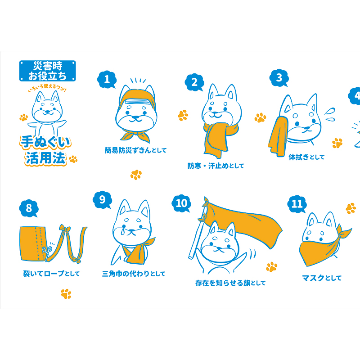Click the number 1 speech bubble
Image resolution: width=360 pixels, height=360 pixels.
point(107,80)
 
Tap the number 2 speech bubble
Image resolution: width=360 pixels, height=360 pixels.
point(194,82)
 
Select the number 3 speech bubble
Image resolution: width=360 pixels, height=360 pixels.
point(279,77)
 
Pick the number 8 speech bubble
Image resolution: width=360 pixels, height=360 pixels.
point(29,208)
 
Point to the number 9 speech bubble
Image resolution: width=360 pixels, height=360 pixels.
point(103,199)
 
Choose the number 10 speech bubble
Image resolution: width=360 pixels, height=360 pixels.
point(181,203)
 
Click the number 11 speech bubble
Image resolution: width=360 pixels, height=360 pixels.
point(297,204)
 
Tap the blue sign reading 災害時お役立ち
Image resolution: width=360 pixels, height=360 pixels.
point(48,71)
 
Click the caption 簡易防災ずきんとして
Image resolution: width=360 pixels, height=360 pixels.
point(135,150)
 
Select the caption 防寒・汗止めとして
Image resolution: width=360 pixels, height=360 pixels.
point(216,166)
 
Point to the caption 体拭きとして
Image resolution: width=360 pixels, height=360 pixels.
point(306,157)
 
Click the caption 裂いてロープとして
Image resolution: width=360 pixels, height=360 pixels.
point(51,274)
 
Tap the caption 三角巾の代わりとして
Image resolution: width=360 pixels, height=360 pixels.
point(134,274)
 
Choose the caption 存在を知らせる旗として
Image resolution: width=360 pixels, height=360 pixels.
point(230,283)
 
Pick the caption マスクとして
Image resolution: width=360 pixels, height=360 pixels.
point(322,278)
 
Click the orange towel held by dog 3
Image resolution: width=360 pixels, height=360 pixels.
point(278,135)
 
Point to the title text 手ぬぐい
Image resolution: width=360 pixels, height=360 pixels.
point(45,142)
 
